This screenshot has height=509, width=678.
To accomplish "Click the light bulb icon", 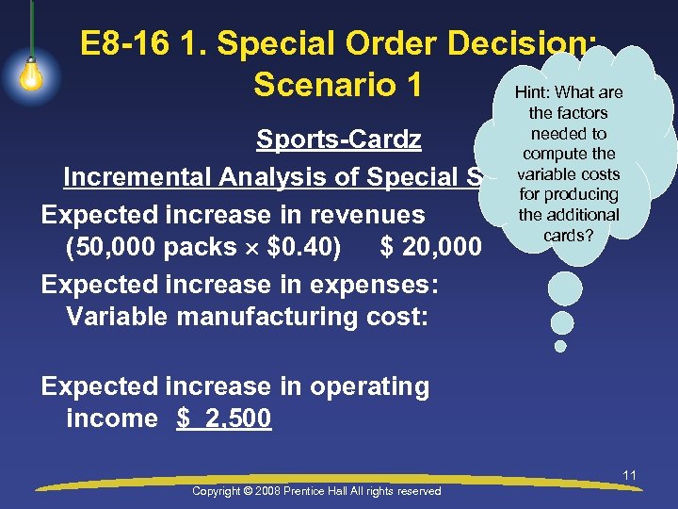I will pos(31,74).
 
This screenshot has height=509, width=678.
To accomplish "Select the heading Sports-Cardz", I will pos(339,140).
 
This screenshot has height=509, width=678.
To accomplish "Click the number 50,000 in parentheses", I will pos(115,248).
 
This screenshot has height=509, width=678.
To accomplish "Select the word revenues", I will pos(362,214).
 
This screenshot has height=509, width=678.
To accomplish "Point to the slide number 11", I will pos(629,475).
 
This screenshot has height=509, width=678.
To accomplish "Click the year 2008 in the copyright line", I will pos(269,491).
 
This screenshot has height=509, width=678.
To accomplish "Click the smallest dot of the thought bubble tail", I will pos(560,346).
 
